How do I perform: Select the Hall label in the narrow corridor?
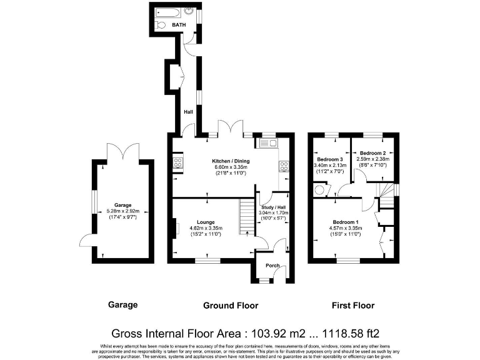pos(188,112)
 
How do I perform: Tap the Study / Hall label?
pos(274,207)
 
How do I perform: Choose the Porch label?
pos(273,265)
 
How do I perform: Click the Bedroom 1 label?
pos(346,222)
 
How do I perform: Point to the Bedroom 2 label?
pos(372,152)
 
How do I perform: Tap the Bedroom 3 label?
pos(330,159)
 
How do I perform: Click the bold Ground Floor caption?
pos(231,306)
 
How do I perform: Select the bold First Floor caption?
pos(353,306)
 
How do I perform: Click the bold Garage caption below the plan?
pos(123,305)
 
